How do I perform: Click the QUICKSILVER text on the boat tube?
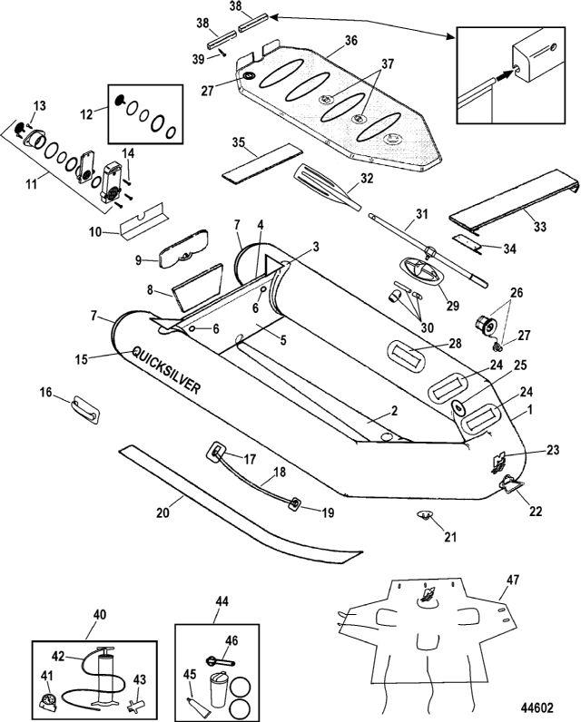click(167, 370)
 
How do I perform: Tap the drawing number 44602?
click(537, 707)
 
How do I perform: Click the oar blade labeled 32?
click(321, 184)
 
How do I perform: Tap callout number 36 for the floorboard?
click(351, 41)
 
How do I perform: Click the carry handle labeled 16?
click(85, 407)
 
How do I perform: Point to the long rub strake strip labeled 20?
click(240, 500)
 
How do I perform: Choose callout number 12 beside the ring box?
click(86, 113)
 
